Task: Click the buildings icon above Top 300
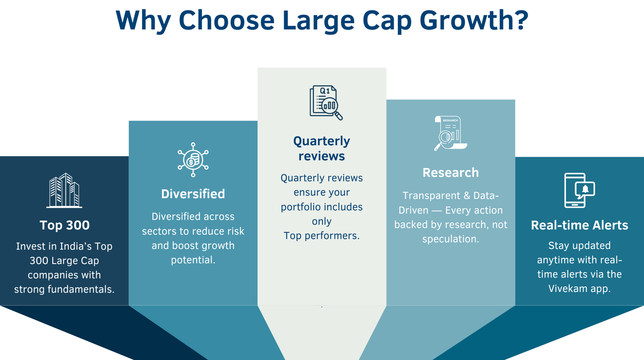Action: [64, 190]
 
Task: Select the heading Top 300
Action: [64, 225]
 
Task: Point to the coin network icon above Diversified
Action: [193, 160]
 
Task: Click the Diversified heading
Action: [193, 194]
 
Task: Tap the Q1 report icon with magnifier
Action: [326, 103]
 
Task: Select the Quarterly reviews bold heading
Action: [322, 149]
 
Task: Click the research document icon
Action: [450, 133]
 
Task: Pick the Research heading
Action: [450, 172]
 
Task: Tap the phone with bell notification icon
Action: [579, 190]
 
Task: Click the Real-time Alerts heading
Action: [579, 225]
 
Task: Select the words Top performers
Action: [321, 236]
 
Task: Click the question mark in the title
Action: [522, 20]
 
